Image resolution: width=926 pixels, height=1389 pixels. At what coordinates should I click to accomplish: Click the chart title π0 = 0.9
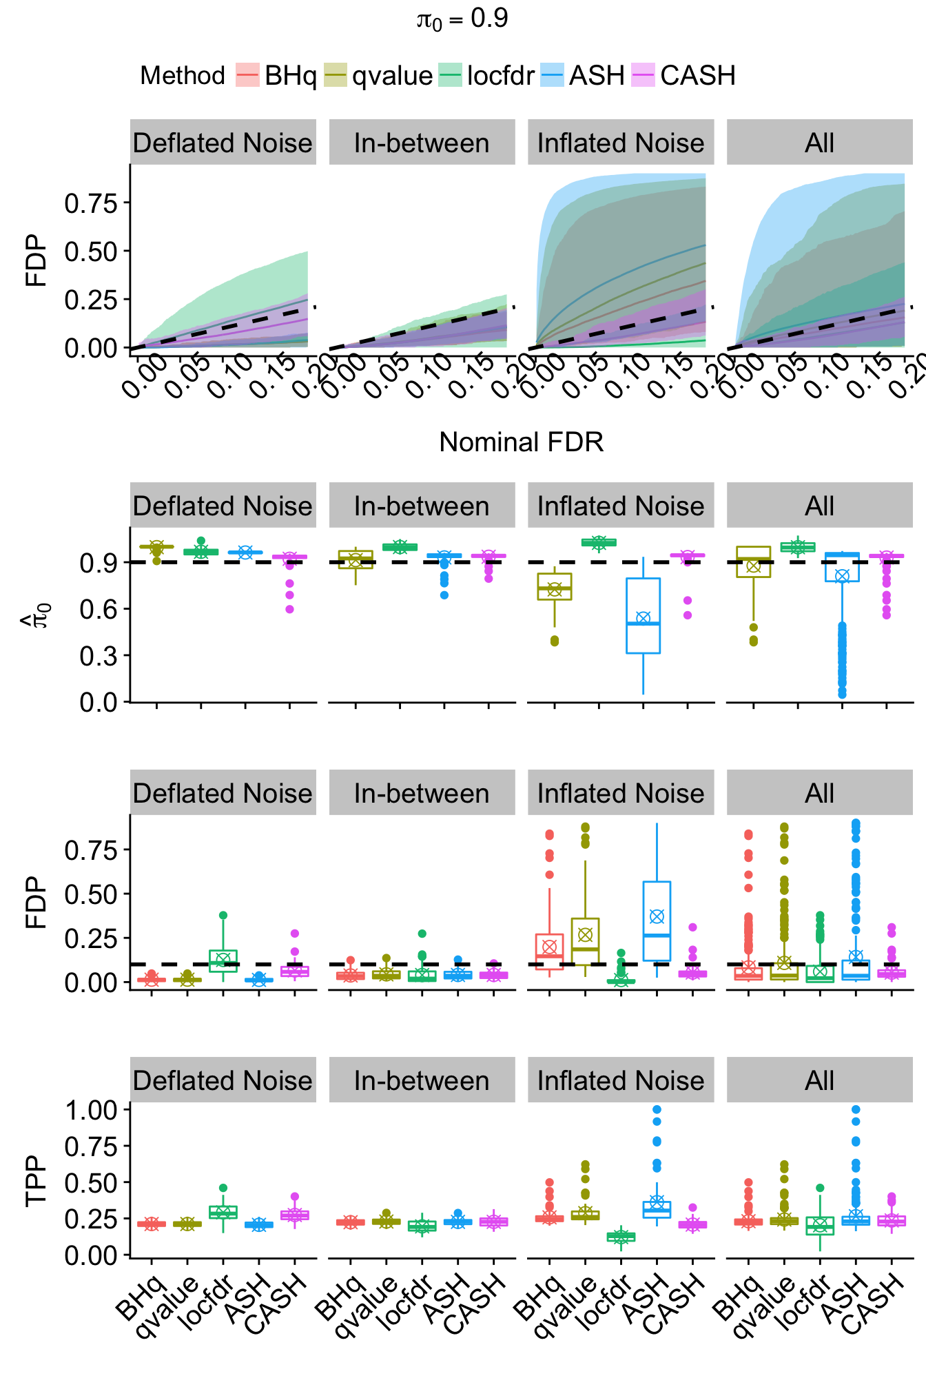click(x=462, y=19)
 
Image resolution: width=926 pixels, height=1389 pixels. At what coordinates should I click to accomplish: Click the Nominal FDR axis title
click(x=521, y=442)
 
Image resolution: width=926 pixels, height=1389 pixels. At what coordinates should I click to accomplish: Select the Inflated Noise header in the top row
click(x=621, y=143)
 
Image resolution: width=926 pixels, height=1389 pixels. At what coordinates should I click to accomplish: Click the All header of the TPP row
click(x=819, y=1080)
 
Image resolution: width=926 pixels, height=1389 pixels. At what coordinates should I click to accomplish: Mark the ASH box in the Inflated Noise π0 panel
click(x=643, y=615)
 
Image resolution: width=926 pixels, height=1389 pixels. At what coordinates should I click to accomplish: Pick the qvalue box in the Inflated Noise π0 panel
click(x=555, y=586)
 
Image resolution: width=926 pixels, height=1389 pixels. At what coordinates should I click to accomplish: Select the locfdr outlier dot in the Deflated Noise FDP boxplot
click(x=223, y=916)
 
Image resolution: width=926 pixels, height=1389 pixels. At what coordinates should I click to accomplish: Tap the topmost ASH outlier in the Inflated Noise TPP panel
click(x=657, y=1110)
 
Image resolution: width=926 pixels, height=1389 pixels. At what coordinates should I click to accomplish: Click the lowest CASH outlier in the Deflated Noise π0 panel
click(x=290, y=609)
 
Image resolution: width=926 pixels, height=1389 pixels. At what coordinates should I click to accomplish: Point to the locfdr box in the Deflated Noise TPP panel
click(x=223, y=1212)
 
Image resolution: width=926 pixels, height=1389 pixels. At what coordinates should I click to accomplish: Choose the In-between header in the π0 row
click(x=422, y=506)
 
